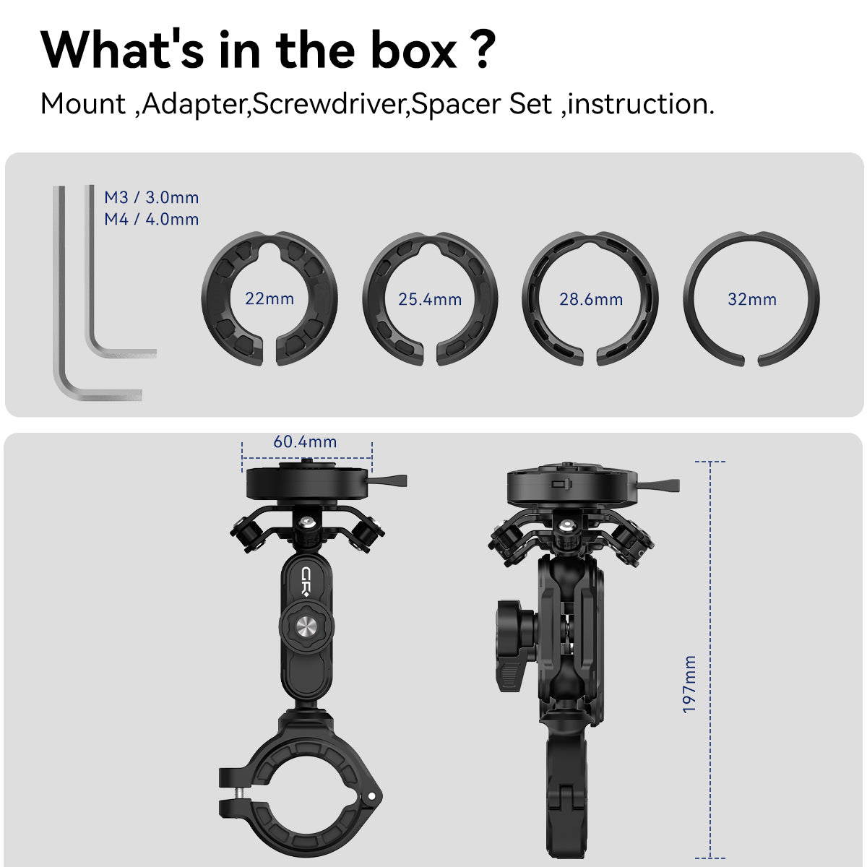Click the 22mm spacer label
click(269, 298)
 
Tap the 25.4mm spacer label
click(430, 299)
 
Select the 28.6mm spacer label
click(591, 299)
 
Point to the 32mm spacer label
click(752, 299)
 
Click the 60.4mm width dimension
click(305, 442)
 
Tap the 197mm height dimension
click(689, 684)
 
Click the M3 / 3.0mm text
click(151, 197)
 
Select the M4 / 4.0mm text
click(151, 219)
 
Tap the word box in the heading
click(413, 51)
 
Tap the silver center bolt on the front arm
click(307, 626)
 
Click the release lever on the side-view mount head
click(659, 486)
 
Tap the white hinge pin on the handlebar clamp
click(371, 796)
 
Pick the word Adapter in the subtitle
click(194, 104)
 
